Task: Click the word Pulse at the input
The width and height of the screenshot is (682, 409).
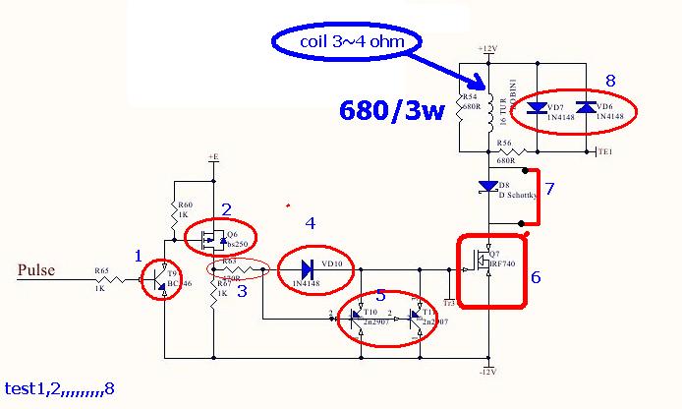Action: click(x=36, y=270)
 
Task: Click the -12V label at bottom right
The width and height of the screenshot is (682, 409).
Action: click(x=488, y=371)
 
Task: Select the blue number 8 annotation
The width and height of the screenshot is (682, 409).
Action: click(x=610, y=80)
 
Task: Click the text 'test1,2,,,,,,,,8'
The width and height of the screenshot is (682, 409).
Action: click(x=59, y=389)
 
